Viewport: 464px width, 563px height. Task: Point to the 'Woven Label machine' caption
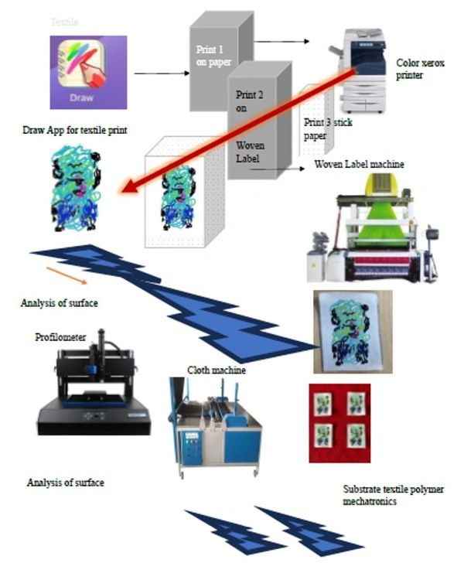point(359,165)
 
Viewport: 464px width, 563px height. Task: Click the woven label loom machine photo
point(370,227)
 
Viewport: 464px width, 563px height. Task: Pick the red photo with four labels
point(339,422)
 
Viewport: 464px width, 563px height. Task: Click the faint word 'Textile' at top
point(65,22)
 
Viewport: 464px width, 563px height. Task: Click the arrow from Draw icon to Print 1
point(162,75)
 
